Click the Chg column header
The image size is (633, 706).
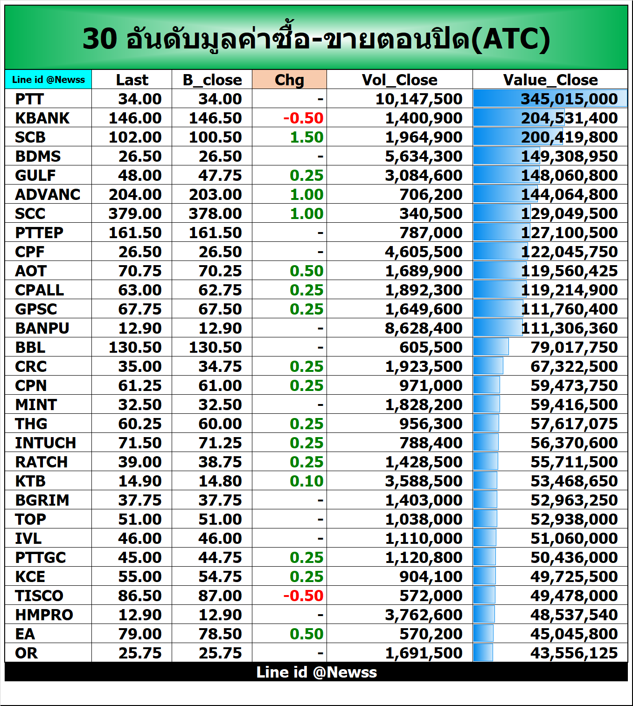[289, 80]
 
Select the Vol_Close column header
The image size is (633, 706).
[399, 80]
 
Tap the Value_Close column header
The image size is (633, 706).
[550, 80]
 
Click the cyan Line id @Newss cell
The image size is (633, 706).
[49, 80]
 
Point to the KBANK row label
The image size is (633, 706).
[42, 118]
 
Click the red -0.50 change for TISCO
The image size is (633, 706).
[303, 596]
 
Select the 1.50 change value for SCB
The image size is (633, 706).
[306, 137]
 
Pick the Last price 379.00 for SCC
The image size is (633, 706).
[135, 213]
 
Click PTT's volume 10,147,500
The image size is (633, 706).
[418, 99]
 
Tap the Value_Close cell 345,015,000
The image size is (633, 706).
[569, 99]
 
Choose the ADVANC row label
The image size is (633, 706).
[48, 194]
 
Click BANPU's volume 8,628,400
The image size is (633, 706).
[423, 328]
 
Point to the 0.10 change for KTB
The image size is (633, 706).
[306, 481]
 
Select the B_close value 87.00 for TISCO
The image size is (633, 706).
[220, 596]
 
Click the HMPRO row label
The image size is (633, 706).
[44, 615]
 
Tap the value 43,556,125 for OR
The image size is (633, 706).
[574, 653]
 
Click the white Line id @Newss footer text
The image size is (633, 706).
[316, 672]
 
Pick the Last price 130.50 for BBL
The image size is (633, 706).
[135, 347]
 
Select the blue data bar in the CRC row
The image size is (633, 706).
[488, 366]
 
